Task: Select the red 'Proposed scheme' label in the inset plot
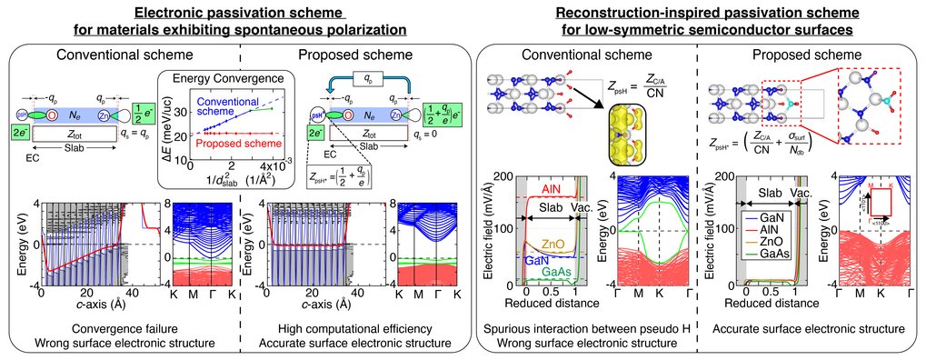point(200,144)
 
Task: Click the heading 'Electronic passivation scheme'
point(233,13)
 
